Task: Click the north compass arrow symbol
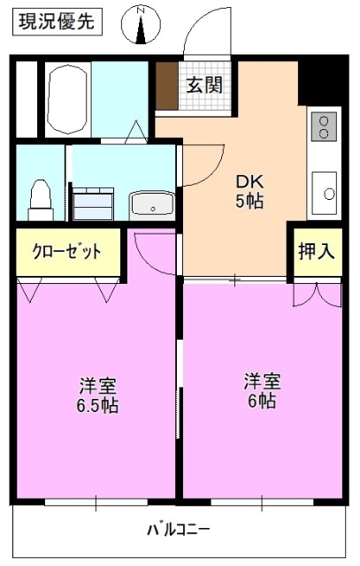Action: click(x=142, y=25)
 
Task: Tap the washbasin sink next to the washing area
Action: click(x=154, y=204)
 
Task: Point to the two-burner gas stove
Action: click(x=325, y=126)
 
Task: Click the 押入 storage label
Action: click(x=316, y=251)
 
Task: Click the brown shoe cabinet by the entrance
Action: click(x=166, y=88)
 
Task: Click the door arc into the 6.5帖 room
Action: click(x=150, y=252)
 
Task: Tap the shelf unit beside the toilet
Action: click(x=91, y=203)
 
